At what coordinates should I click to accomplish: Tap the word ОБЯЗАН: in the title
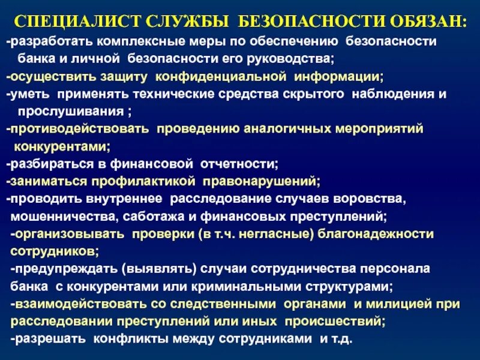(427, 22)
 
